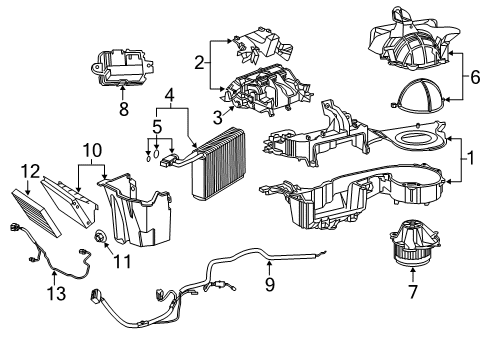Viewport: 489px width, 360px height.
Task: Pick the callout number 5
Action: tap(158, 127)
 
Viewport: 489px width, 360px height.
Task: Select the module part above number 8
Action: tap(123, 65)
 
